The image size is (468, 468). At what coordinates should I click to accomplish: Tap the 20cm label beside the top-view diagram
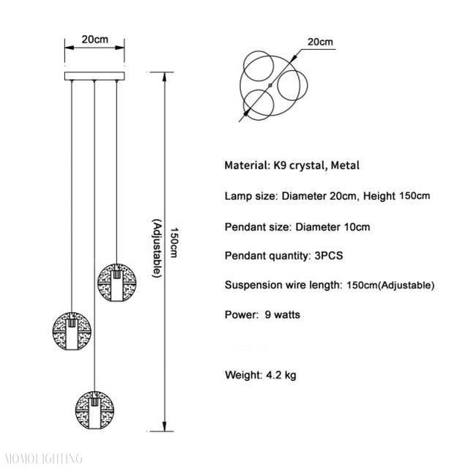[x=320, y=42]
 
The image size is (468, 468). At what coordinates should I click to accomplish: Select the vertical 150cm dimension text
[x=174, y=242]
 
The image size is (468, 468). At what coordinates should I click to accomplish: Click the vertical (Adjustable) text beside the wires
[x=155, y=248]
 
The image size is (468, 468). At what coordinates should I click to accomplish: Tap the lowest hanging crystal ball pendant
[x=93, y=402]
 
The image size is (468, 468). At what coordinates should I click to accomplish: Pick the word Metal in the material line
[x=344, y=166]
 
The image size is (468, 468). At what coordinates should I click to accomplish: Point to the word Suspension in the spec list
[x=253, y=285]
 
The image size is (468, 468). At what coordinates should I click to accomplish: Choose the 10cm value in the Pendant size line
[x=355, y=226]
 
